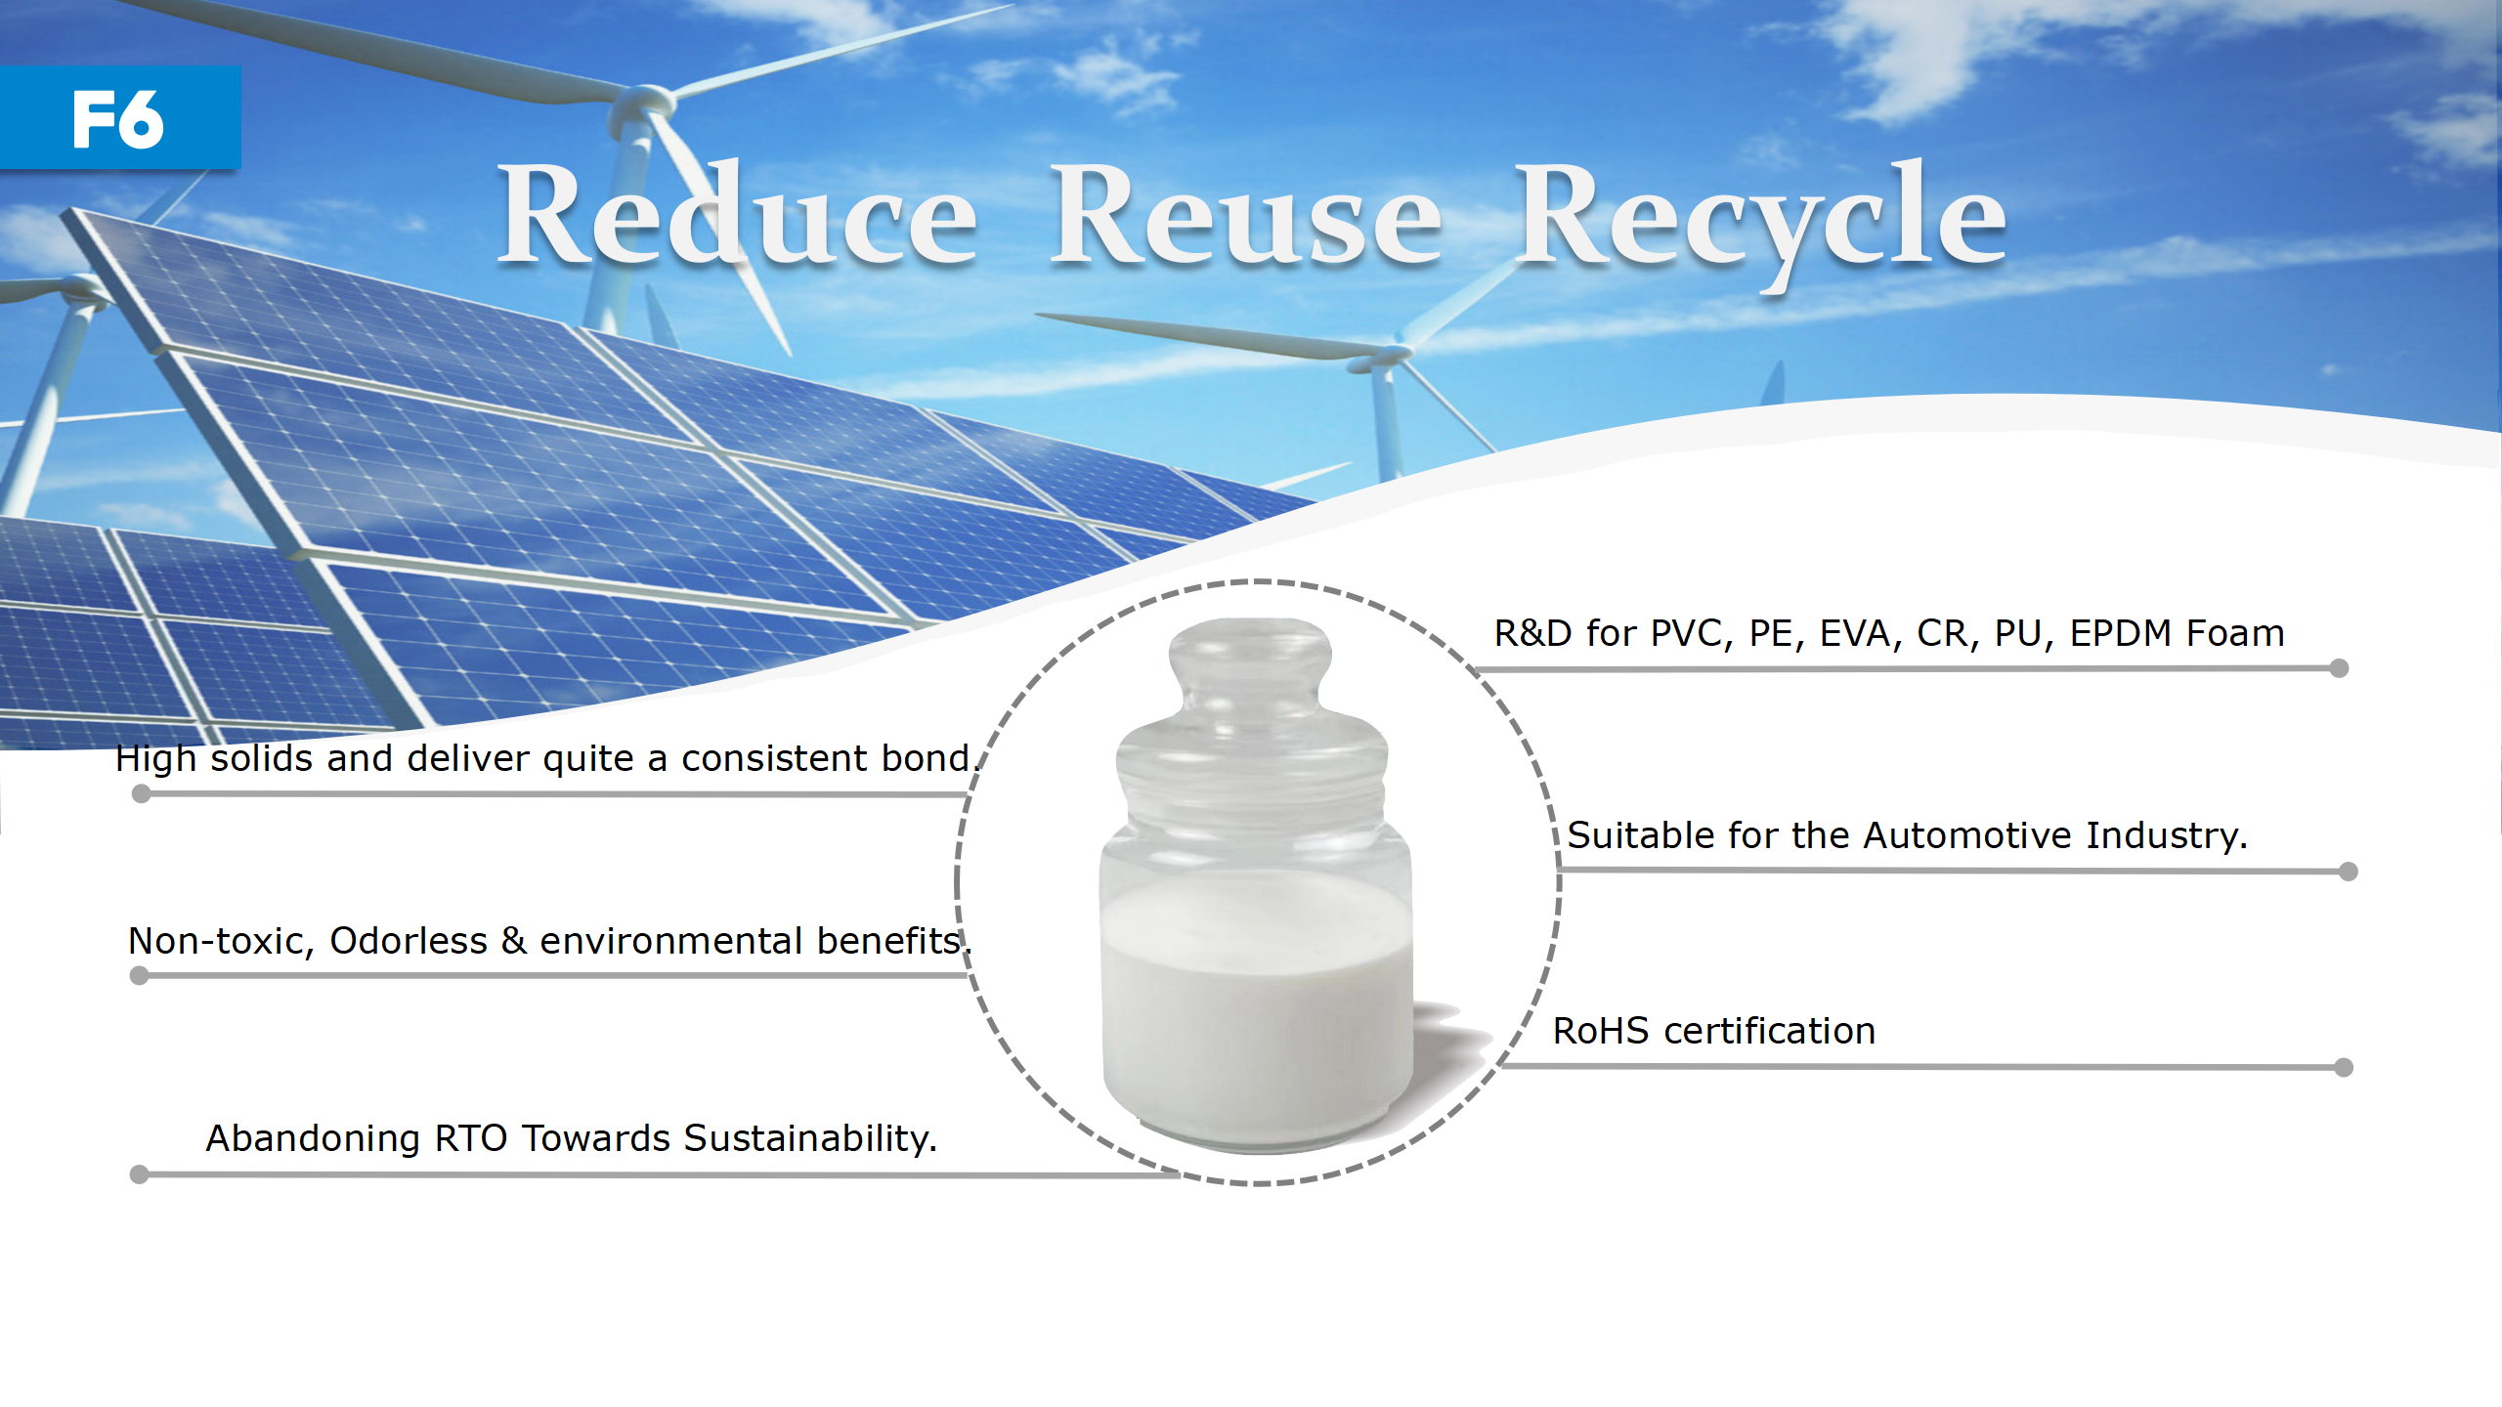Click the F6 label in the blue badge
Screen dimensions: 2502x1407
(x=118, y=119)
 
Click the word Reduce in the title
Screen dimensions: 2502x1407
(x=738, y=214)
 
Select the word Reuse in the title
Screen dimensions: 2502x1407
(x=1245, y=215)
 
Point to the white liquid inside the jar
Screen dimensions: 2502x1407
(x=1257, y=1006)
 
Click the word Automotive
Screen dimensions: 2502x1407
(x=1967, y=835)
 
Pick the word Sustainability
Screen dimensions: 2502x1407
(x=810, y=1139)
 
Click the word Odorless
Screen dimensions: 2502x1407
(x=409, y=941)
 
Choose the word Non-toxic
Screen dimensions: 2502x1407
(x=221, y=942)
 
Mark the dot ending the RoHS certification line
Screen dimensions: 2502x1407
(x=2343, y=1067)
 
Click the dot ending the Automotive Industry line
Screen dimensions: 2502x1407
(x=2349, y=872)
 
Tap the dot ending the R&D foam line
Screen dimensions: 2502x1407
(x=2339, y=668)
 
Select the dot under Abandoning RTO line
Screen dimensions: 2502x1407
(x=140, y=1174)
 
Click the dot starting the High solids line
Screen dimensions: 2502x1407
(x=142, y=794)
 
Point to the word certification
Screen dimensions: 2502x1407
(x=1770, y=1031)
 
